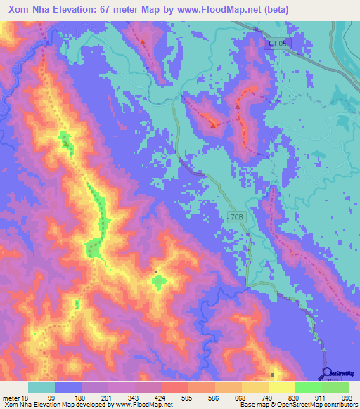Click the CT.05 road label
[x=277, y=44]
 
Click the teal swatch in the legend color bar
[x=41, y=387]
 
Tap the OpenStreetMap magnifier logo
[x=328, y=374]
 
